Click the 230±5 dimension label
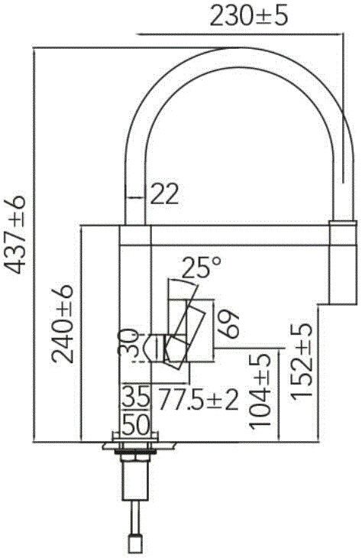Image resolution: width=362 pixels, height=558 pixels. coord(248,17)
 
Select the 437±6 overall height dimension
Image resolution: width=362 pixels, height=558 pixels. coord(15,235)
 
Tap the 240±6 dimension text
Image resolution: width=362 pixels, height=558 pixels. coord(62,323)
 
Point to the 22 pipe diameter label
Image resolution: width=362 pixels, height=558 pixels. coord(164,194)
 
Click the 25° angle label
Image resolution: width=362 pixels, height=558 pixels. coord(201,267)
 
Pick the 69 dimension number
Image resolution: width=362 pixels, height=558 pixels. coord(228,323)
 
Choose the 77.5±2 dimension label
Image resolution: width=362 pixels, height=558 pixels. coord(198,399)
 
